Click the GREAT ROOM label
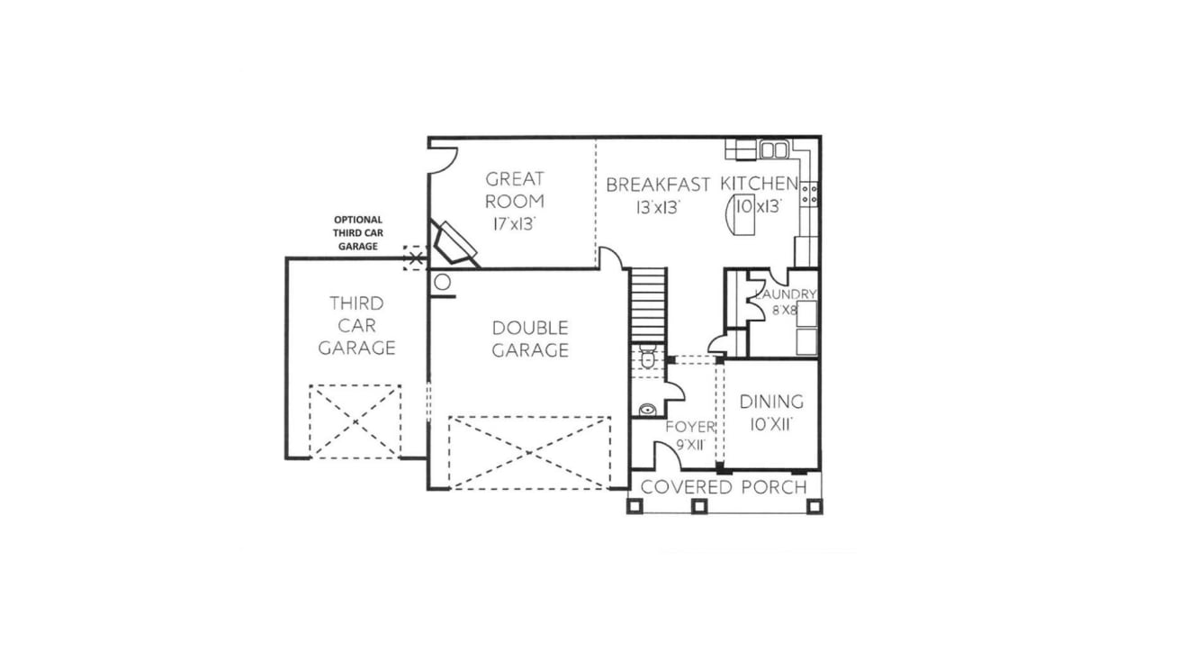coord(515,190)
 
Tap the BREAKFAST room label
coord(658,185)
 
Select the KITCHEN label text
coord(759,183)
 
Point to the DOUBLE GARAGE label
coord(530,339)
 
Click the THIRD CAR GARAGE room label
coord(357,325)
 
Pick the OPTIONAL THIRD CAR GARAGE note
coord(358,233)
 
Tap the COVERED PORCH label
coord(724,487)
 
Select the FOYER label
coord(690,427)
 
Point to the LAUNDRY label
coord(786,294)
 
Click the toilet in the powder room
coord(648,356)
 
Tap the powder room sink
coord(647,410)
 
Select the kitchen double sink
coord(774,149)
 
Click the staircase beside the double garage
coord(648,305)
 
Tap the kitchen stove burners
coord(809,194)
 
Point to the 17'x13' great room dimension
coord(515,224)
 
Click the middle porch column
coord(699,506)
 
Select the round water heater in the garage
coord(442,282)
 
